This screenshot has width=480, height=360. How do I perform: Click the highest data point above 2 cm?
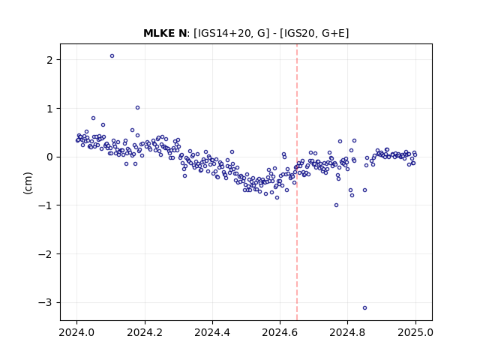[x=112, y=56]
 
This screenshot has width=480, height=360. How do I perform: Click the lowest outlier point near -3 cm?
[x=364, y=308]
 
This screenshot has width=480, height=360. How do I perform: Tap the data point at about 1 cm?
[x=137, y=108]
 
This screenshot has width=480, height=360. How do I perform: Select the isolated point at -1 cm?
[x=336, y=205]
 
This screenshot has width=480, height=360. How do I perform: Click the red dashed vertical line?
[x=297, y=182]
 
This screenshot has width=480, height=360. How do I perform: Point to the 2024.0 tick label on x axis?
[x=77, y=332]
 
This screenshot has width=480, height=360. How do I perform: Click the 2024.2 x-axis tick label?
[x=145, y=332]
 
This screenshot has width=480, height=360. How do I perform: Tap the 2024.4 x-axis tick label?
[x=212, y=332]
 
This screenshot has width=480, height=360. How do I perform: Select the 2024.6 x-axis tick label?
[x=280, y=332]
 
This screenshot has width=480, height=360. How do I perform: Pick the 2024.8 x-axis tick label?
[x=347, y=332]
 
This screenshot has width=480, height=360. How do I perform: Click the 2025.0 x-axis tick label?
[x=415, y=332]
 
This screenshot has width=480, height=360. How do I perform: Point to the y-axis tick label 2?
[x=49, y=60]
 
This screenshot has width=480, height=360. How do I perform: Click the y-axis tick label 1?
[x=49, y=109]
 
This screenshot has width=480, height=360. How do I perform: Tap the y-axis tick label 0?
[x=49, y=157]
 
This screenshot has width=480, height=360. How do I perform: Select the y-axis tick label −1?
[x=46, y=205]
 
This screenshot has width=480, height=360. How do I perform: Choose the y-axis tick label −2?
[x=46, y=254]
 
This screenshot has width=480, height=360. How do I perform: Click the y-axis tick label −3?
[x=46, y=303]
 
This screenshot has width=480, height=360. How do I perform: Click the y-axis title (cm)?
[x=28, y=183]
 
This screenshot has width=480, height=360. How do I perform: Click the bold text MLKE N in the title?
[x=165, y=33]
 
